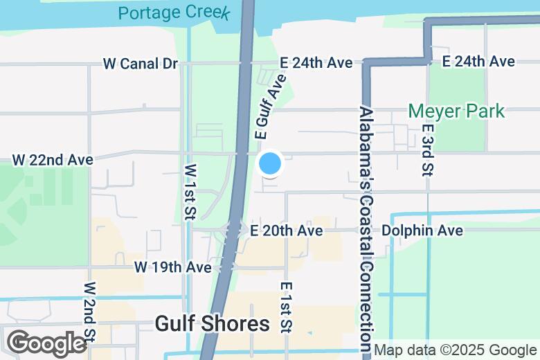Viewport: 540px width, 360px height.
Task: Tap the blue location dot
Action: (x=270, y=164)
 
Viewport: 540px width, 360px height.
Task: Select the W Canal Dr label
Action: (x=141, y=64)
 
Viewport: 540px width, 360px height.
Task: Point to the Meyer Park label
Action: (x=456, y=111)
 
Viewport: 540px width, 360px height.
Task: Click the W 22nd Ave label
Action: (x=53, y=160)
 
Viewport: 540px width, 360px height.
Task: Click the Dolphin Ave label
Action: (x=422, y=231)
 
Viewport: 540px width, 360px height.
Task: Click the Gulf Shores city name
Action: (x=212, y=324)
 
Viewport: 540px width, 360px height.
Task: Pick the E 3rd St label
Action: (x=428, y=149)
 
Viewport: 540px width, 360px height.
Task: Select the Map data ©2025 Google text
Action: (x=456, y=350)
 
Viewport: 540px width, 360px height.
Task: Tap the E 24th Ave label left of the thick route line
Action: (x=316, y=63)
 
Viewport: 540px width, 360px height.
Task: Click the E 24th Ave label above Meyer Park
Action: (x=478, y=62)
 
